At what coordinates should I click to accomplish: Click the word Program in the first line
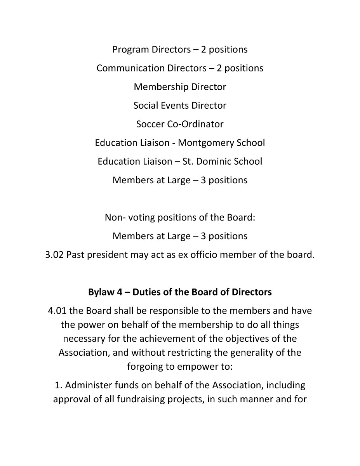pyautogui.click(x=130, y=50)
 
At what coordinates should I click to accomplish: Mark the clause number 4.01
pyautogui.click(x=57, y=311)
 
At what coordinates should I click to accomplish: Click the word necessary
pyautogui.click(x=84, y=339)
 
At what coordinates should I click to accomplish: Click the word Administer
pyautogui.click(x=88, y=386)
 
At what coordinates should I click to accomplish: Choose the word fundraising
pyautogui.click(x=150, y=400)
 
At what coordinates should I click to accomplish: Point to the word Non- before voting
pyautogui.click(x=115, y=217)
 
